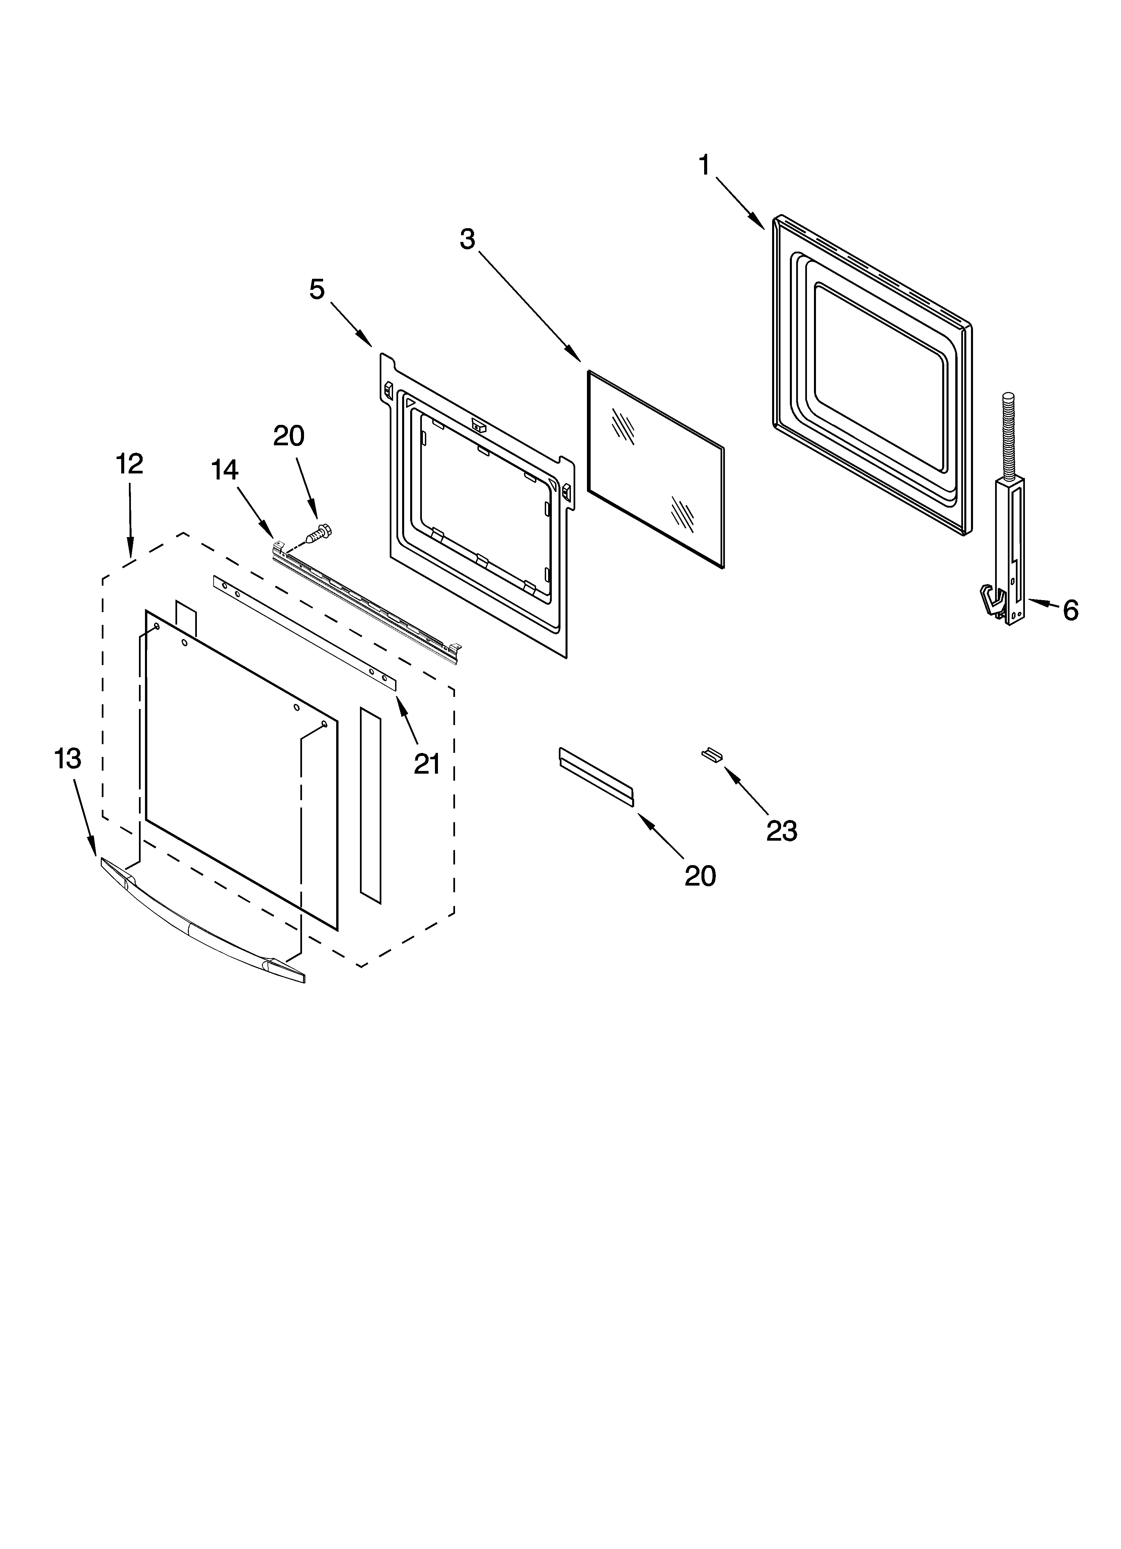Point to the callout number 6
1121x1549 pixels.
click(1070, 610)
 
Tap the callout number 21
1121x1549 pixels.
click(427, 764)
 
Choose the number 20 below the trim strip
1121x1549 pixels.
click(700, 876)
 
